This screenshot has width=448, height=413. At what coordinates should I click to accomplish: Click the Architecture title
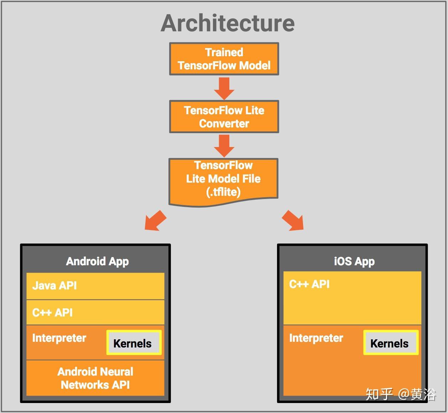228,23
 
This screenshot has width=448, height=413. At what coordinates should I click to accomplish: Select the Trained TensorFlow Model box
224,59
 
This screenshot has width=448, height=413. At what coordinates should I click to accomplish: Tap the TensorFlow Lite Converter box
224,117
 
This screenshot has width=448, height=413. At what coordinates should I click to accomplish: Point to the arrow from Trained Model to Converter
224,88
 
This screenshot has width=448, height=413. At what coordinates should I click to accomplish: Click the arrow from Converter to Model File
224,146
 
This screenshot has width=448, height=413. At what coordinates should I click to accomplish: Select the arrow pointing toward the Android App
155,221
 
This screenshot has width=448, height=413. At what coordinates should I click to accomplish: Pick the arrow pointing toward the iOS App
293,221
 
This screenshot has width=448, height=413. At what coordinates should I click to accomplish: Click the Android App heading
98,262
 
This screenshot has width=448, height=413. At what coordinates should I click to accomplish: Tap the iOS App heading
354,262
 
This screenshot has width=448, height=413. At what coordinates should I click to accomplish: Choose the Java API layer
95,286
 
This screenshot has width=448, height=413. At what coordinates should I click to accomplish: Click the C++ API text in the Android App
52,313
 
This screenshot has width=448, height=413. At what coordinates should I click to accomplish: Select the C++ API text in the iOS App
309,284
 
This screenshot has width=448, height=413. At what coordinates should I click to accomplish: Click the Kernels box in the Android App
134,343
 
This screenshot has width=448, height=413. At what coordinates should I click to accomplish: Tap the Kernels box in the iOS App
391,343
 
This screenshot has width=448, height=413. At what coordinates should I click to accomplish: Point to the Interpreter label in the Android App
59,338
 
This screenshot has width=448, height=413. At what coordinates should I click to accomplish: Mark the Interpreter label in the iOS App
316,338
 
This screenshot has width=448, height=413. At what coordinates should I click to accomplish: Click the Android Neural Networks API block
95,378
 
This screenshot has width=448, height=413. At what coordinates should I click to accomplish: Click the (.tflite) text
223,192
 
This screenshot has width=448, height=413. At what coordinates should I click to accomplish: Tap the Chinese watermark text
401,394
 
